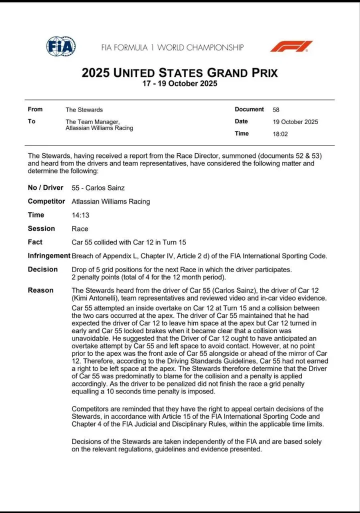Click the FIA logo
tap(61, 46)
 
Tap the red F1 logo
tap(291, 46)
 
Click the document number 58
tap(276, 109)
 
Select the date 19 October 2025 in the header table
tap(295, 121)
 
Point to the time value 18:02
tap(280, 134)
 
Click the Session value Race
tap(80, 228)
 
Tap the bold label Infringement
tap(49, 255)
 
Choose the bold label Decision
tap(43, 269)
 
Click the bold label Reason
tap(41, 290)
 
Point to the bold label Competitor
tap(46, 201)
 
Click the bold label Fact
tap(35, 242)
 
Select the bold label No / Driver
tap(45, 188)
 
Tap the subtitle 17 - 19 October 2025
tap(180, 83)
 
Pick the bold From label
tap(35, 109)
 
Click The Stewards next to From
tap(84, 109)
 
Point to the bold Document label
tap(249, 109)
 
